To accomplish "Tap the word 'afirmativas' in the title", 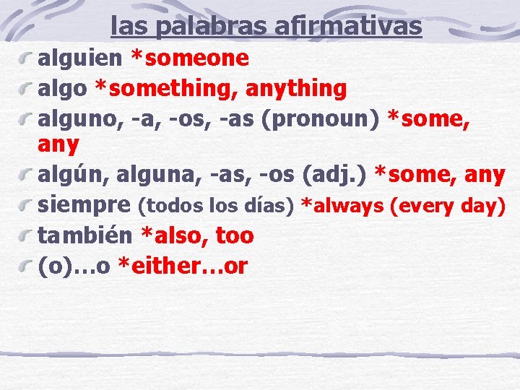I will coord(348,26).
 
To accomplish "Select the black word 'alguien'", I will coord(81,57).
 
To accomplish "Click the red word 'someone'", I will coord(194,57).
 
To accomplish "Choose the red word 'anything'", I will coord(296,89).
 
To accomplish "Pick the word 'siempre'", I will coord(84,206).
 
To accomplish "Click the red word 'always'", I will coord(347,206).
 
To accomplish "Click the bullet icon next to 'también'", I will coord(27,235).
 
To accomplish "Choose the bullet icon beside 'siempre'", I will coord(27,205).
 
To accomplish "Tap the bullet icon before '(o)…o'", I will coord(27,266).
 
